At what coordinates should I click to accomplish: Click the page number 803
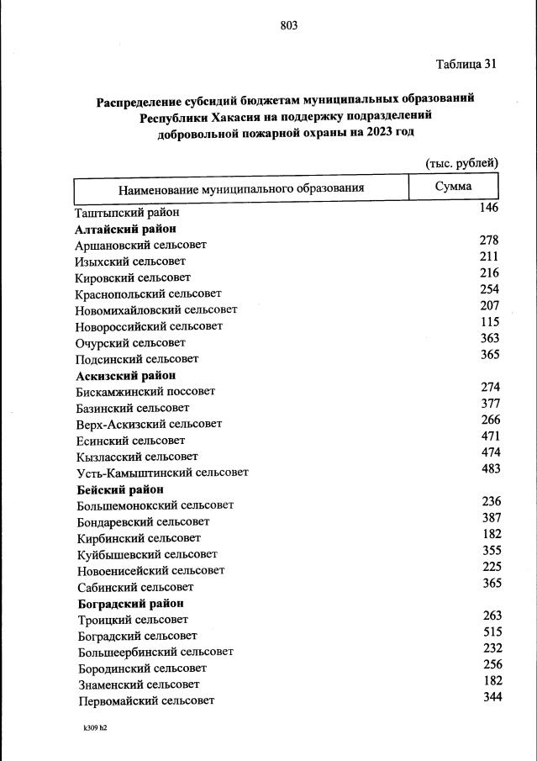pyautogui.click(x=289, y=25)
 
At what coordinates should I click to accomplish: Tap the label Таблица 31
pyautogui.click(x=466, y=65)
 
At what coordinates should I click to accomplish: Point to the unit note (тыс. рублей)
pyautogui.click(x=461, y=162)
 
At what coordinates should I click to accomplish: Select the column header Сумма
pyautogui.click(x=453, y=186)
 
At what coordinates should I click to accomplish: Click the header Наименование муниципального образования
pyautogui.click(x=240, y=188)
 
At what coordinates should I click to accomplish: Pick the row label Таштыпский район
pyautogui.click(x=127, y=213)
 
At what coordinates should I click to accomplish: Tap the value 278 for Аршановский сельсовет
pyautogui.click(x=489, y=240)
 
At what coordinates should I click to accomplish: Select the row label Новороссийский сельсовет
pyautogui.click(x=149, y=326)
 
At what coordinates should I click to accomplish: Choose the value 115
pyautogui.click(x=489, y=322)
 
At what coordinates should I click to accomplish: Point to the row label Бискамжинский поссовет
pyautogui.click(x=145, y=392)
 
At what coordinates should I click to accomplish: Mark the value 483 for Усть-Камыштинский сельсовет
pyautogui.click(x=490, y=468)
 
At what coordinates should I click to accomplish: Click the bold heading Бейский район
pyautogui.click(x=119, y=489)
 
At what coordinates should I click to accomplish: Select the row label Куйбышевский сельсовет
pyautogui.click(x=146, y=554)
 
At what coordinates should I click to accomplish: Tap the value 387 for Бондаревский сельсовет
pyautogui.click(x=491, y=517)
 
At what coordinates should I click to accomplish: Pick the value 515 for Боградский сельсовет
pyautogui.click(x=491, y=632)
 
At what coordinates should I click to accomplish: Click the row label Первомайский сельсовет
pyautogui.click(x=146, y=700)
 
